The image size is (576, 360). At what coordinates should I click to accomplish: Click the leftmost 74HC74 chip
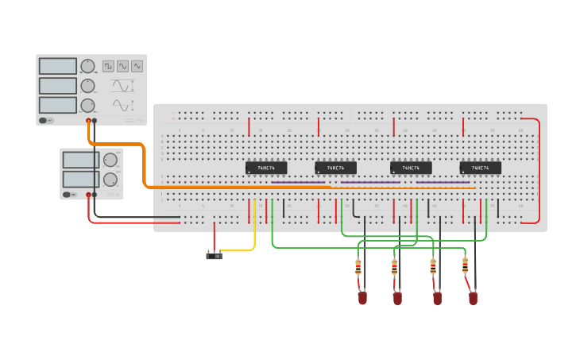point(266,168)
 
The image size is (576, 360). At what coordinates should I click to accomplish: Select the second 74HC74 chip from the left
point(335,168)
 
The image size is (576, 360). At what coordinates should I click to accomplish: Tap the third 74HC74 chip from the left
point(411,168)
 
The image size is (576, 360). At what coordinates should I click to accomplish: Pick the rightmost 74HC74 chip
point(480,168)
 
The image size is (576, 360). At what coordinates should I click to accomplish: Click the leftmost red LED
point(362,298)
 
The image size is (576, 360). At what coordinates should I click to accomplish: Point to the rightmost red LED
point(473,298)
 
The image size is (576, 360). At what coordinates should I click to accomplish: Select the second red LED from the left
point(397,298)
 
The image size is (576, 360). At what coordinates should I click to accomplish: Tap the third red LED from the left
point(437,298)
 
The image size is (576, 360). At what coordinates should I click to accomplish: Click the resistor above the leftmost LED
point(358,267)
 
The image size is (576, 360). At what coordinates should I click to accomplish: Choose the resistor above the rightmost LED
point(465,265)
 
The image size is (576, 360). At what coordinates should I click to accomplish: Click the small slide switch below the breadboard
point(214,256)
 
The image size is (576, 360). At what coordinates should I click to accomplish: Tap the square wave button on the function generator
point(108,66)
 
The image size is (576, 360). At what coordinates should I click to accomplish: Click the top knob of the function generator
point(87,66)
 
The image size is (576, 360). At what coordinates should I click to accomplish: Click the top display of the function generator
point(58,66)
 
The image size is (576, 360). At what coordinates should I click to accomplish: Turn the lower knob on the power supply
point(110,180)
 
